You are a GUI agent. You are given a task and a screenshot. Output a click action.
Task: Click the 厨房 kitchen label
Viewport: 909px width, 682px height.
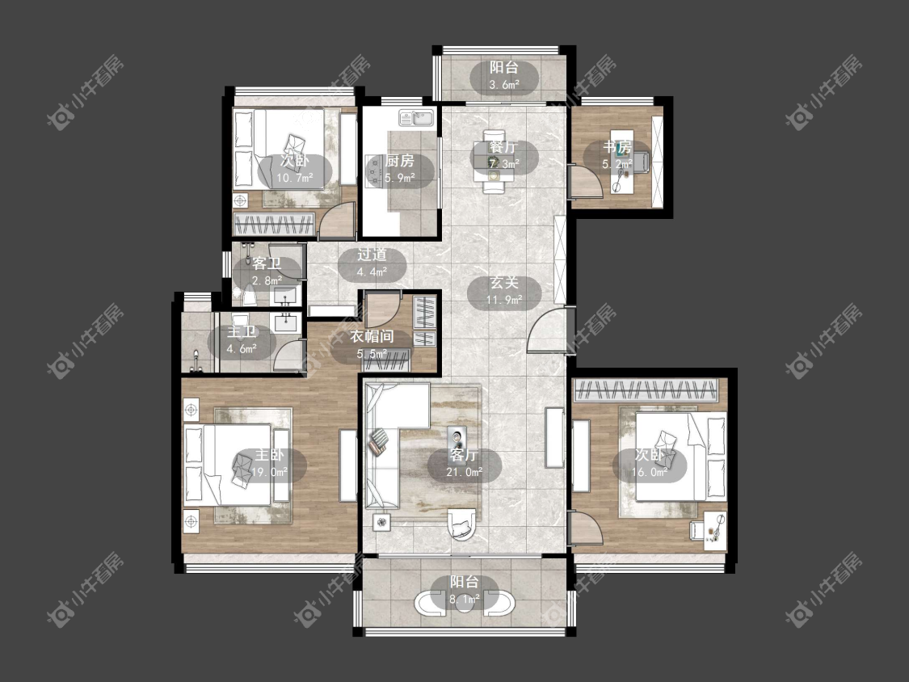[x=399, y=161]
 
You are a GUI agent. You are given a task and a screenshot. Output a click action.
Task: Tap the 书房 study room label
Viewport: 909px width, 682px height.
[x=617, y=147]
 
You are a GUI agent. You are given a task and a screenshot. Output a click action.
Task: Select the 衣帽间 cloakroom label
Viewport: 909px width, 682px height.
[x=372, y=336]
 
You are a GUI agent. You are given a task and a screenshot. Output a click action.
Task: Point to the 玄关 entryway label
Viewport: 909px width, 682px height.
[x=503, y=283]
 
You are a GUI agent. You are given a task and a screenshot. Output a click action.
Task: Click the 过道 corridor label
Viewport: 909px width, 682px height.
[x=372, y=255]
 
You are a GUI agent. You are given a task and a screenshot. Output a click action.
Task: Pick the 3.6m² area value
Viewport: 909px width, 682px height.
[x=503, y=85]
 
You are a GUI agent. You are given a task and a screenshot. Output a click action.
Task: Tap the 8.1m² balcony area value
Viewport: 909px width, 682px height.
[x=465, y=599]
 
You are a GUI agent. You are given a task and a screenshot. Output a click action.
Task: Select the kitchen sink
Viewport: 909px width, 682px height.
[x=416, y=118]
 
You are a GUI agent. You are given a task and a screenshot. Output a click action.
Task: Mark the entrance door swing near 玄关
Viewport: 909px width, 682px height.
[x=547, y=330]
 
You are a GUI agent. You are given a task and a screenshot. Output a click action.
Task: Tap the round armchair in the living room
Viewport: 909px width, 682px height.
[x=462, y=524]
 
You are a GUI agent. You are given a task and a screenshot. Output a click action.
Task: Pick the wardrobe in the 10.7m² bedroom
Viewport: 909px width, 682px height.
[x=274, y=225]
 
